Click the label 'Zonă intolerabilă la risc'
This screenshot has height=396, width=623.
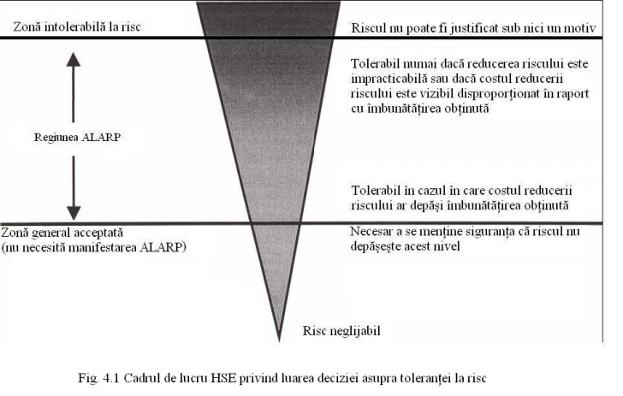pos(77,27)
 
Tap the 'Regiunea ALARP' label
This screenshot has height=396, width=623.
pos(77,137)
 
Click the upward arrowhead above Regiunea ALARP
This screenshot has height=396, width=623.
pos(74,59)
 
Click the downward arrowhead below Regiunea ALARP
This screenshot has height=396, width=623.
pos(74,213)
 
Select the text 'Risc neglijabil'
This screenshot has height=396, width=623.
pos(341,331)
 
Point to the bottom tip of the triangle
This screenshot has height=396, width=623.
pos(279,340)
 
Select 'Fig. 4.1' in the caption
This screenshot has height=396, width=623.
pos(98,378)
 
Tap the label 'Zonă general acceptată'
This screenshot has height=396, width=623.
pos(62,233)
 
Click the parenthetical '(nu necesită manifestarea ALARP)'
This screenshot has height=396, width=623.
pos(94,247)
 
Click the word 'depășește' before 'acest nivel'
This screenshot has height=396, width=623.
pos(376,246)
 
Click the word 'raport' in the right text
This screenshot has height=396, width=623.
pos(573,94)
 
